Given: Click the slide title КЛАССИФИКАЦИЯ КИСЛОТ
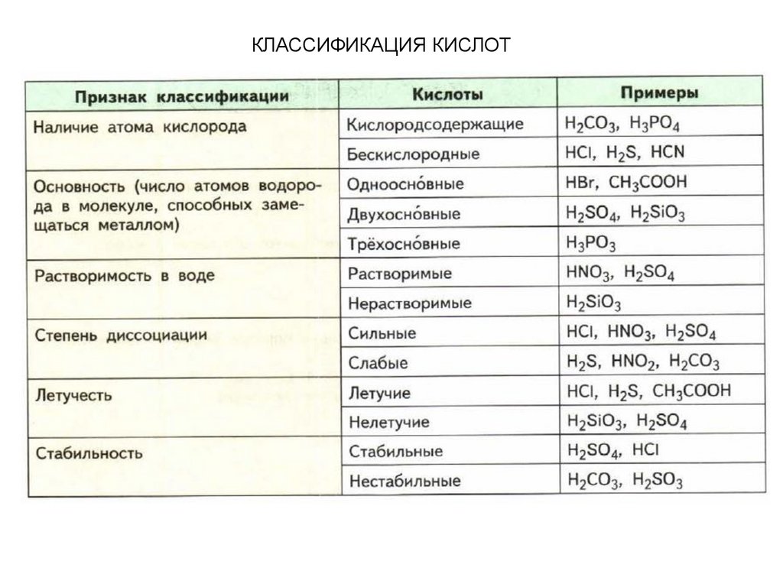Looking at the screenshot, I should pyautogui.click(x=380, y=45).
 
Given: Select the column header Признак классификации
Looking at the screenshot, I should pyautogui.click(x=182, y=97).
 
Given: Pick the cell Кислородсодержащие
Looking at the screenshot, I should pyautogui.click(x=435, y=124).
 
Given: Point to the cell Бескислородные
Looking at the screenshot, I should pyautogui.click(x=414, y=154).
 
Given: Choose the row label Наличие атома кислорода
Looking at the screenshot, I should pyautogui.click(x=140, y=127).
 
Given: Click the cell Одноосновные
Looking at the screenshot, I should pyautogui.click(x=405, y=184).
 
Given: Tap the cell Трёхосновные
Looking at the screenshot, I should pyautogui.click(x=404, y=244).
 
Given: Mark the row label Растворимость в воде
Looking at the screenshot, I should pyautogui.click(x=125, y=275).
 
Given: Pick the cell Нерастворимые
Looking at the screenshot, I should pyautogui.click(x=410, y=303).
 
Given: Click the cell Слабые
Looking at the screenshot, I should pyautogui.click(x=378, y=362).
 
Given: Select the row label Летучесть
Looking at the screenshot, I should pyautogui.click(x=74, y=394).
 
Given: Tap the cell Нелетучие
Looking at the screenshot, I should pyautogui.click(x=388, y=421).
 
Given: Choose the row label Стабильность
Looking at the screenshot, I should pyautogui.click(x=90, y=452).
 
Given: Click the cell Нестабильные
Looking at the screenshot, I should pyautogui.click(x=404, y=482).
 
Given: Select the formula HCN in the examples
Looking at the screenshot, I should pyautogui.click(x=668, y=152).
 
